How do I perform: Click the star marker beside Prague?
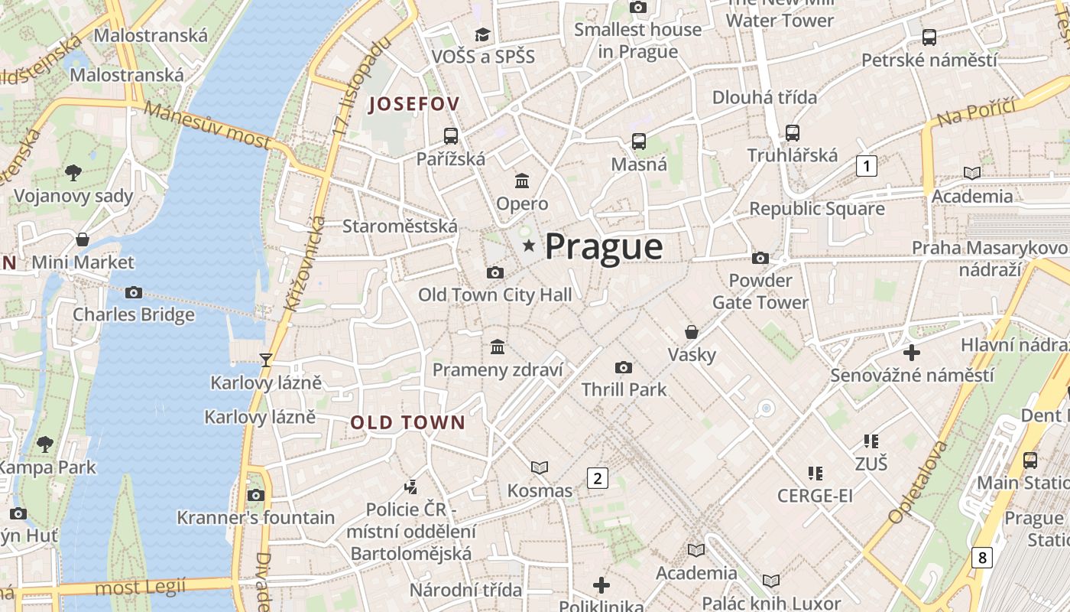(528, 246)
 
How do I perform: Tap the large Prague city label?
(604, 247)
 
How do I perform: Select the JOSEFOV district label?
(414, 104)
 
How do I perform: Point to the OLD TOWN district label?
(407, 422)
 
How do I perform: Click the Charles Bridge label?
(134, 314)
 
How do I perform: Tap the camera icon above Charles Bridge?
(134, 292)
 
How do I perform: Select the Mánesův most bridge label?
(207, 125)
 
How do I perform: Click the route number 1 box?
(866, 165)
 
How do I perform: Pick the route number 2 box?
(597, 478)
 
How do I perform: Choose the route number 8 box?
(981, 557)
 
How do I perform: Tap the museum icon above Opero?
(522, 181)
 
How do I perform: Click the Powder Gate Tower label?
(760, 291)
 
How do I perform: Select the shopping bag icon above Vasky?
(692, 332)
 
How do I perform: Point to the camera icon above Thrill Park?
(624, 367)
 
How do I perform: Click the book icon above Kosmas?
(540, 467)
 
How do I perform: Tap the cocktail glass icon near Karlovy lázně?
(266, 360)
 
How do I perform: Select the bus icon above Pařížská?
(451, 136)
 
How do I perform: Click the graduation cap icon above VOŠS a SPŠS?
(482, 34)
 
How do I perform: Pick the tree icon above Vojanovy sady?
(73, 173)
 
